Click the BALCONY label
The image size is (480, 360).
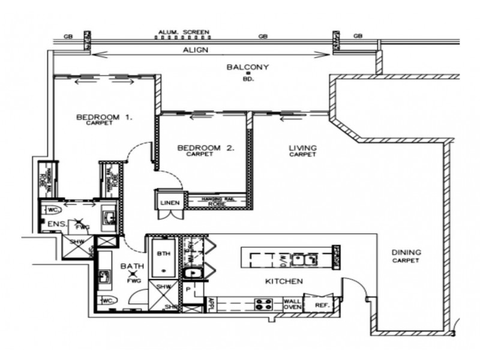click(x=247, y=67)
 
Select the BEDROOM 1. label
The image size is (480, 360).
click(x=104, y=117)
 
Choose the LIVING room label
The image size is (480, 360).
click(x=303, y=148)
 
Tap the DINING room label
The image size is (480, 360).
click(x=406, y=253)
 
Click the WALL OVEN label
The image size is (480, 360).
click(x=292, y=305)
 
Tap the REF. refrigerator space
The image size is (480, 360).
click(x=322, y=305)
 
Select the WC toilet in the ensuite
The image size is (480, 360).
click(x=52, y=209)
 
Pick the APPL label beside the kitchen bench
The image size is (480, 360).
click(x=211, y=305)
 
